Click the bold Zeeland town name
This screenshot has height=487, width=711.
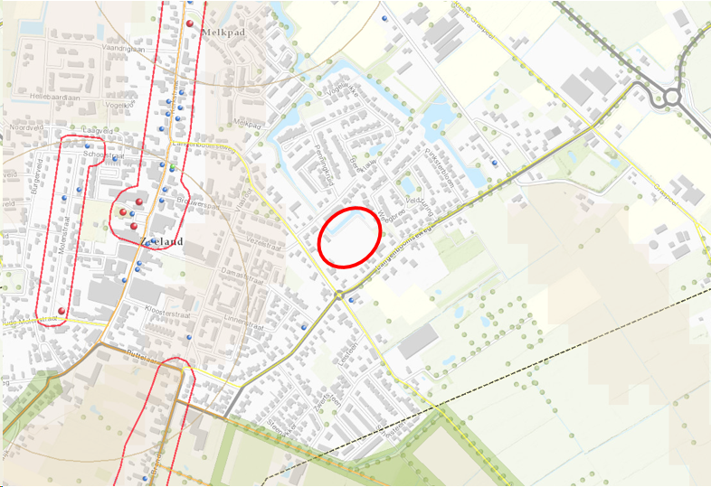(162, 241)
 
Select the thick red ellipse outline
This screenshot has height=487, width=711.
(349, 237)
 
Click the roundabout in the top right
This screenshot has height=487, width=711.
(671, 97)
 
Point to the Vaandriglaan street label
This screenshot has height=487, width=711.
(123, 50)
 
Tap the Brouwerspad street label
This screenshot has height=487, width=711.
(201, 205)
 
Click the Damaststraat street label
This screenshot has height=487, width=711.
(215, 272)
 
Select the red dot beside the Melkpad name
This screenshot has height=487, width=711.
(190, 23)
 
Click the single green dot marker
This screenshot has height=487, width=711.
(172, 168)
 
